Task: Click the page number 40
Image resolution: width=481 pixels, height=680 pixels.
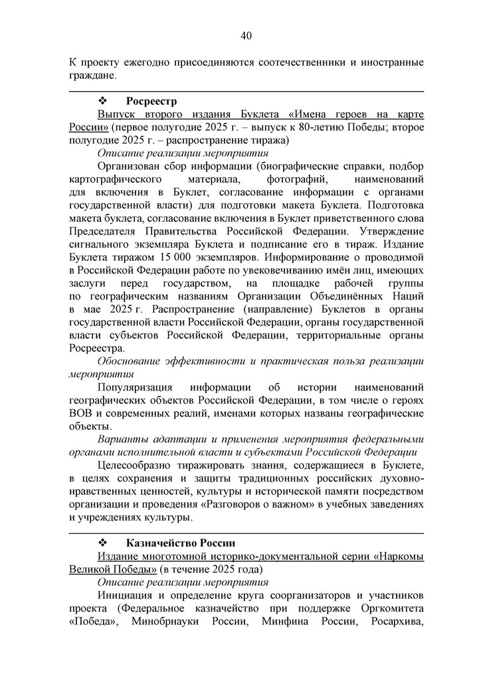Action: pos(246,35)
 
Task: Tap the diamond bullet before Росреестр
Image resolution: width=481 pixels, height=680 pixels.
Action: pos(103,101)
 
